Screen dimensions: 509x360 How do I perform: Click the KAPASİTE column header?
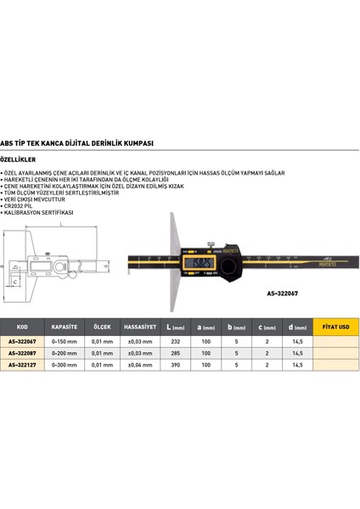(65, 325)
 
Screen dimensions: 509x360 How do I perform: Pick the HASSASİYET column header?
(138, 325)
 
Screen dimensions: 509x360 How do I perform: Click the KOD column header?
(22, 325)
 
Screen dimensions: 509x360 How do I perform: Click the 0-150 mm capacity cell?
(65, 341)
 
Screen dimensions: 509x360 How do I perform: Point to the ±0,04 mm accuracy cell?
(138, 364)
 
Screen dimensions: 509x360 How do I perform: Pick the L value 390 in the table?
(176, 364)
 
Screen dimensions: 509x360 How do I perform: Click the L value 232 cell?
(176, 341)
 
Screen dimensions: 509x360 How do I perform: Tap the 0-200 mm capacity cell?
(65, 352)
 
